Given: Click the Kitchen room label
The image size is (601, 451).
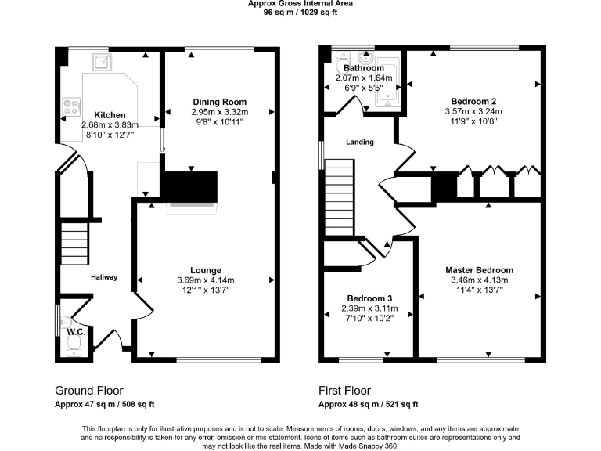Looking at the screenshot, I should pyautogui.click(x=110, y=115).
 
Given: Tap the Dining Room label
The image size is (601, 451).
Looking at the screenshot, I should pyautogui.click(x=219, y=102).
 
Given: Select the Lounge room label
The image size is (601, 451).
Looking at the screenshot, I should pyautogui.click(x=205, y=270).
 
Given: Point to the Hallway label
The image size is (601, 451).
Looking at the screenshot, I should pyautogui.click(x=103, y=277).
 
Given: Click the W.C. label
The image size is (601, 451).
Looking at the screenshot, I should pyautogui.click(x=76, y=331).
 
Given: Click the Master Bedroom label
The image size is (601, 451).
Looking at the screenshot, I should pyautogui.click(x=481, y=270).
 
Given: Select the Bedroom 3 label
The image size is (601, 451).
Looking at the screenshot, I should pyautogui.click(x=369, y=298).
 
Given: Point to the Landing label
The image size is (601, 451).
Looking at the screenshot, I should pyautogui.click(x=360, y=142).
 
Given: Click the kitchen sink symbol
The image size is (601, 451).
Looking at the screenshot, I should pyautogui.click(x=102, y=62).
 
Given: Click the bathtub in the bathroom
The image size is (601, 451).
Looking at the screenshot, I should pyautogui.click(x=388, y=82).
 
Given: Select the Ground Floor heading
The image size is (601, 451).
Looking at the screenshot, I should pyautogui.click(x=88, y=390).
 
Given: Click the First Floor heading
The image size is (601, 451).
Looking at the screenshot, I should pyautogui.click(x=344, y=390).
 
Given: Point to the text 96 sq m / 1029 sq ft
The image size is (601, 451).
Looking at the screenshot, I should pyautogui.click(x=300, y=13).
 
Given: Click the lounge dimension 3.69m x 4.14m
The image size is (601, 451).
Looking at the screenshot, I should pyautogui.click(x=205, y=280).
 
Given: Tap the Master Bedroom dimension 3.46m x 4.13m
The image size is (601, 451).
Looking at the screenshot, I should pyautogui.click(x=480, y=280).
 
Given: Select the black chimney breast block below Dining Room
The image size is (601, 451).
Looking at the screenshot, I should pyautogui.click(x=188, y=186).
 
